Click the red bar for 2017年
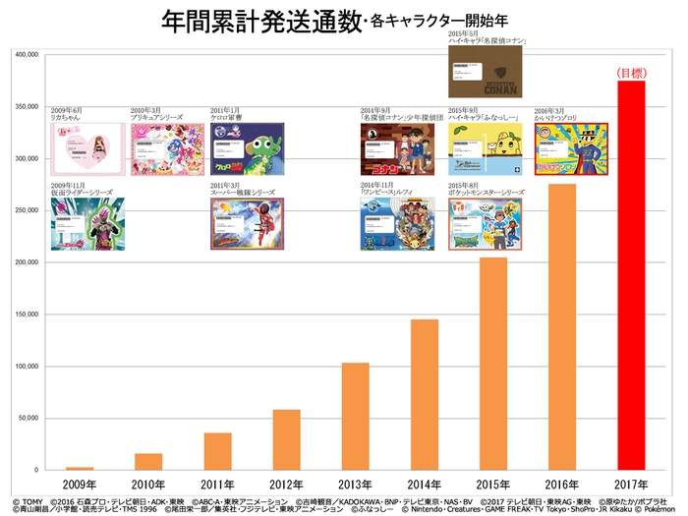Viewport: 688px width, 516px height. [x=631, y=275]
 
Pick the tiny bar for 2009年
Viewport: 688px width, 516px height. [x=80, y=468]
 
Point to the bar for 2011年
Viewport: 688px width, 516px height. [x=217, y=451]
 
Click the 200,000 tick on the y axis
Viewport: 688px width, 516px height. [x=23, y=262]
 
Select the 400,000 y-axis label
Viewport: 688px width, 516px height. [x=23, y=55]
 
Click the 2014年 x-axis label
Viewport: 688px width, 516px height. [x=424, y=485]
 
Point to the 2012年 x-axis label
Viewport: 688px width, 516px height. [x=286, y=485]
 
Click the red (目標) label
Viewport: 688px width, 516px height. [x=630, y=73]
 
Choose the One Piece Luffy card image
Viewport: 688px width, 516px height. [x=396, y=225]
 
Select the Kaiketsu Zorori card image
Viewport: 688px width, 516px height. [x=571, y=148]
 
